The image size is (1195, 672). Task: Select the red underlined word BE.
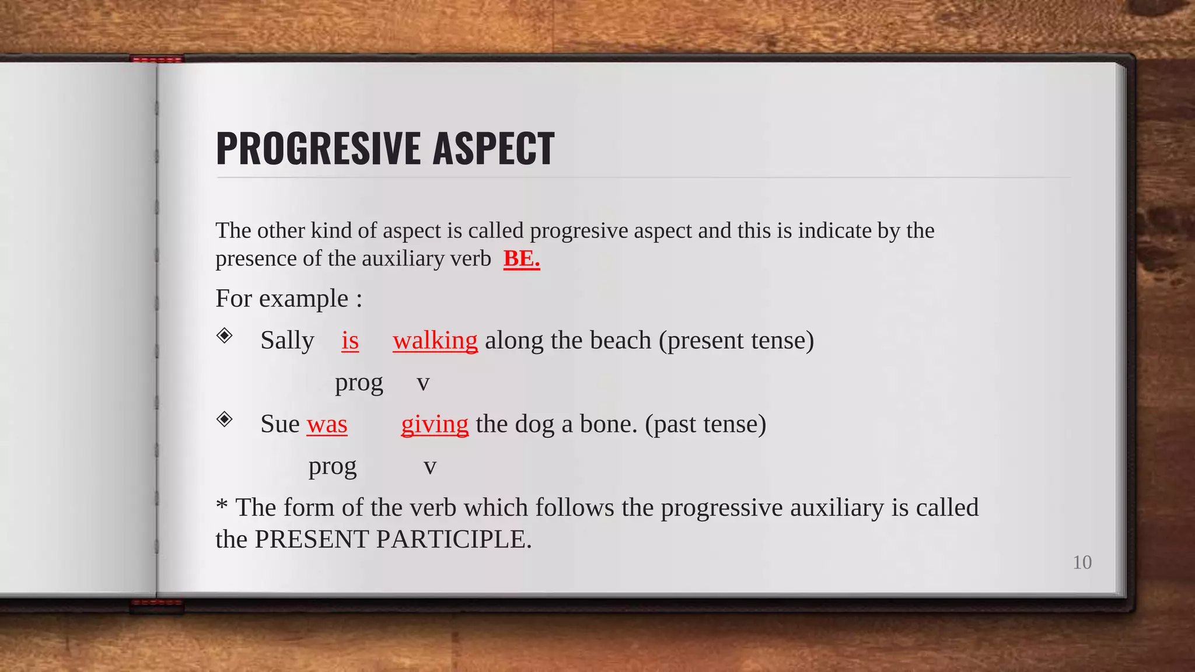click(x=521, y=258)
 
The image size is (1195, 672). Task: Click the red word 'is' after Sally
click(x=350, y=340)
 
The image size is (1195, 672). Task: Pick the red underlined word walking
click(x=435, y=341)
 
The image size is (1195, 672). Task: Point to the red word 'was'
click(x=327, y=424)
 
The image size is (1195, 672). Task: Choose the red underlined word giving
click(x=435, y=424)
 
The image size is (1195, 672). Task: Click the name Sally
click(x=287, y=341)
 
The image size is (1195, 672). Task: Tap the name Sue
click(x=280, y=424)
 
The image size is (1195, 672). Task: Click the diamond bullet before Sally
click(x=225, y=335)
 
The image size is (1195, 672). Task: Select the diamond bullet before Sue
click(x=225, y=419)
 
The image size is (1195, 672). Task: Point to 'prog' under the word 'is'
click(x=359, y=383)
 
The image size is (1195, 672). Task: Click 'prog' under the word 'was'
click(x=333, y=467)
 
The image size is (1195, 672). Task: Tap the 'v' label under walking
click(x=423, y=383)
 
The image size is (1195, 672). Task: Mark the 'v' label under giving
click(x=430, y=467)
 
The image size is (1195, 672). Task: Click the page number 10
click(x=1082, y=562)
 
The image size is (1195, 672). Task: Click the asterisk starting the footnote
click(x=222, y=505)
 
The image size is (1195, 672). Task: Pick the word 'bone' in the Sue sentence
click(x=607, y=424)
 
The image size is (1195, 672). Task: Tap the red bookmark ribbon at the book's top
click(x=156, y=59)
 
